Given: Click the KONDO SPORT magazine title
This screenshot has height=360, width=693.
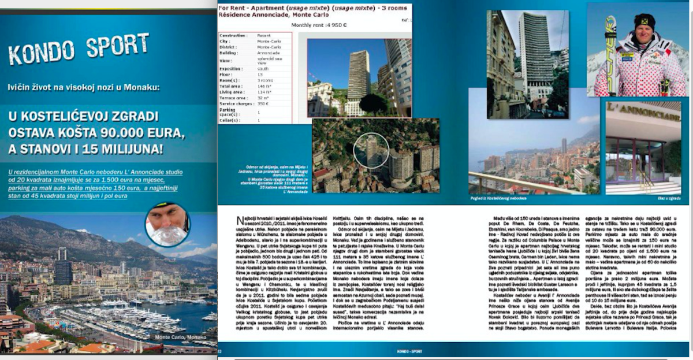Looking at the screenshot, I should click(79, 49).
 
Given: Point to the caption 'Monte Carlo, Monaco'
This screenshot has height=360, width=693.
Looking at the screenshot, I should click(180, 337).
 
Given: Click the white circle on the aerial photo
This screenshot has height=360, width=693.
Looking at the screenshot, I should click(371, 150).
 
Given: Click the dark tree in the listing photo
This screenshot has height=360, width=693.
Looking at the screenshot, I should click(374, 103).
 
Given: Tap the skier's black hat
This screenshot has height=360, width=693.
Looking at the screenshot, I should click(644, 21).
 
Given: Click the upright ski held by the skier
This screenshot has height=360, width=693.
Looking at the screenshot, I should click(610, 52).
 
